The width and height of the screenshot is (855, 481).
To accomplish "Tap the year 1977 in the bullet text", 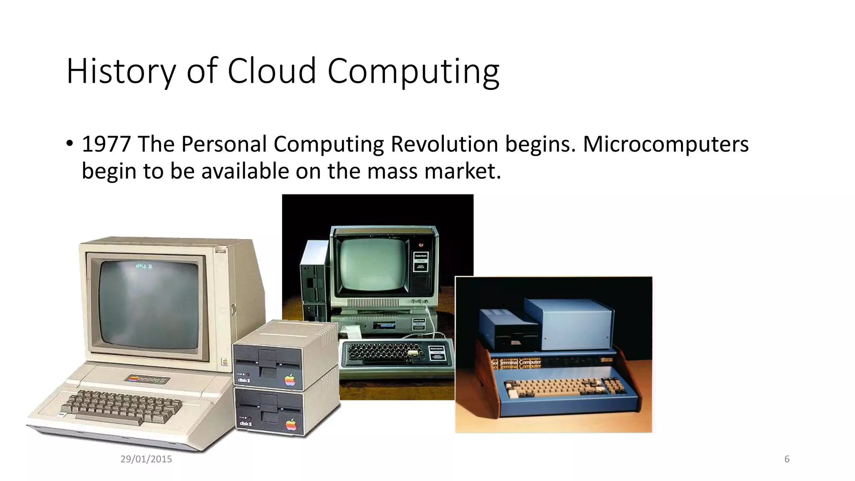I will pos(106,144).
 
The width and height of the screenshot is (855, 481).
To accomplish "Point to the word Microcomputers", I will pos(665,144).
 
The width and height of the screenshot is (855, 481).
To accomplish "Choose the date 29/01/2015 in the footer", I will pos(146,459).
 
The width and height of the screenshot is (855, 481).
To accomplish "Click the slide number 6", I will pos(787,459).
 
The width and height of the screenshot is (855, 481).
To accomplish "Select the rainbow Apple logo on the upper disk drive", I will pos(290,380).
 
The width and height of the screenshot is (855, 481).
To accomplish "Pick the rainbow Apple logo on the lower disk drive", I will pos(291,425).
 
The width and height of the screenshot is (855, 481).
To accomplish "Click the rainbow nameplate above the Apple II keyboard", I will pos(147,380).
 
